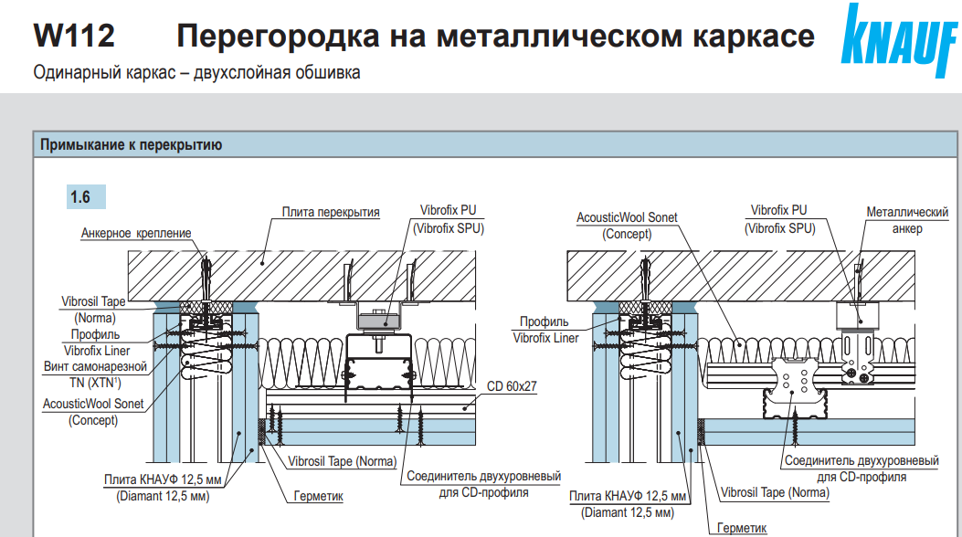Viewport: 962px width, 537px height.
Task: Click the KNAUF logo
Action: tap(898, 40)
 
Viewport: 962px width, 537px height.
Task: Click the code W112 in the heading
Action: tap(74, 37)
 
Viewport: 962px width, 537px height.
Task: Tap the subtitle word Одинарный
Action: tap(70, 72)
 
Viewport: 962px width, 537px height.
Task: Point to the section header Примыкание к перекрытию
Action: tap(131, 144)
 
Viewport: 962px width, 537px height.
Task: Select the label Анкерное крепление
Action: tap(136, 233)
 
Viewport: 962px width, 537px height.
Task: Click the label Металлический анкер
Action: tap(907, 220)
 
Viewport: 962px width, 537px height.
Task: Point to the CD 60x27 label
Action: tap(512, 386)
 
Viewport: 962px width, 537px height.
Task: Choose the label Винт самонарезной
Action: tap(94, 366)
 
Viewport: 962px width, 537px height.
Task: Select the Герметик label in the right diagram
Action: tap(741, 528)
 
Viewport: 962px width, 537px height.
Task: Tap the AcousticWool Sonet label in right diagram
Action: tap(627, 218)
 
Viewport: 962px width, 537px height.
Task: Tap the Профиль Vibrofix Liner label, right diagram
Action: tap(545, 330)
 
